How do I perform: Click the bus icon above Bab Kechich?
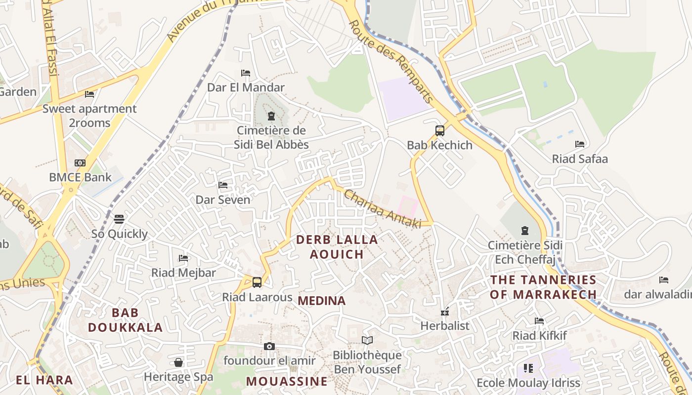(439, 131)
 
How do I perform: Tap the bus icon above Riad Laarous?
(257, 282)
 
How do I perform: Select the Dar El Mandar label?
(246, 87)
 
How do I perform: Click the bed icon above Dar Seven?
(223, 185)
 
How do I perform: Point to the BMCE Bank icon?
(80, 163)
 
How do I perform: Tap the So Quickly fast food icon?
(119, 219)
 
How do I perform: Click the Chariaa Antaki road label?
(383, 209)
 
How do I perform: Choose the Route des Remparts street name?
(391, 62)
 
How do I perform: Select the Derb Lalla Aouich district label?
(337, 247)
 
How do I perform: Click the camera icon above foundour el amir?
(269, 346)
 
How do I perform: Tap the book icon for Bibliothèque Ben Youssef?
(367, 340)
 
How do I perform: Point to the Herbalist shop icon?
(444, 312)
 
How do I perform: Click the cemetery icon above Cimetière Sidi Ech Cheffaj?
(524, 231)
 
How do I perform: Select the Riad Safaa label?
(580, 159)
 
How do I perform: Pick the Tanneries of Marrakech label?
(543, 287)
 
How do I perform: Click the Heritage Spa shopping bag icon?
(178, 363)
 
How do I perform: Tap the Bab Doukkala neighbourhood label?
(125, 320)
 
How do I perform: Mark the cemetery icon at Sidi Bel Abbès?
(271, 117)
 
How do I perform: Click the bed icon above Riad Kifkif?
(539, 321)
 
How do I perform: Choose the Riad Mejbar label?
(183, 273)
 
